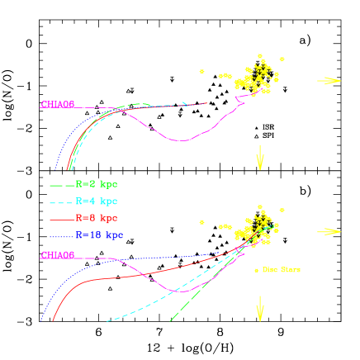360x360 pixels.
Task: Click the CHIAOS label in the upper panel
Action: [58, 105]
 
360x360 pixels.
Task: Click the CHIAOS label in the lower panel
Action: [58, 255]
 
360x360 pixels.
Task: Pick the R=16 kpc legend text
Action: [99, 235]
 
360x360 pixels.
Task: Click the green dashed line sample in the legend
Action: [63, 185]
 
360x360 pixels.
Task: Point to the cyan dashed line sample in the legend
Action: [63, 202]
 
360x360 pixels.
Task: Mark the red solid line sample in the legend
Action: [63, 220]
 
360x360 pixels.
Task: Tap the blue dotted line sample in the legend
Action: [63, 236]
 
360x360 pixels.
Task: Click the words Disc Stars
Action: [282, 270]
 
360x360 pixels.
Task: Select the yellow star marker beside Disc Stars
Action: [256, 270]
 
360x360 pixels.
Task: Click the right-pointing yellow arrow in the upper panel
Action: [329, 80]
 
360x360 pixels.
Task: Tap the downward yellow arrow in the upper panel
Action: [260, 157]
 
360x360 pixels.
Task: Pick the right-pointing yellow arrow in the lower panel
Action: [329, 231]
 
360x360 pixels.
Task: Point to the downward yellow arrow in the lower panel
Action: [260, 308]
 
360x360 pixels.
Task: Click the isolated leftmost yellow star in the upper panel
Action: [201, 72]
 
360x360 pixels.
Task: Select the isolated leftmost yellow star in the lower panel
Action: [201, 222]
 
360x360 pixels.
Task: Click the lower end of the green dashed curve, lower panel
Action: [170, 320]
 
